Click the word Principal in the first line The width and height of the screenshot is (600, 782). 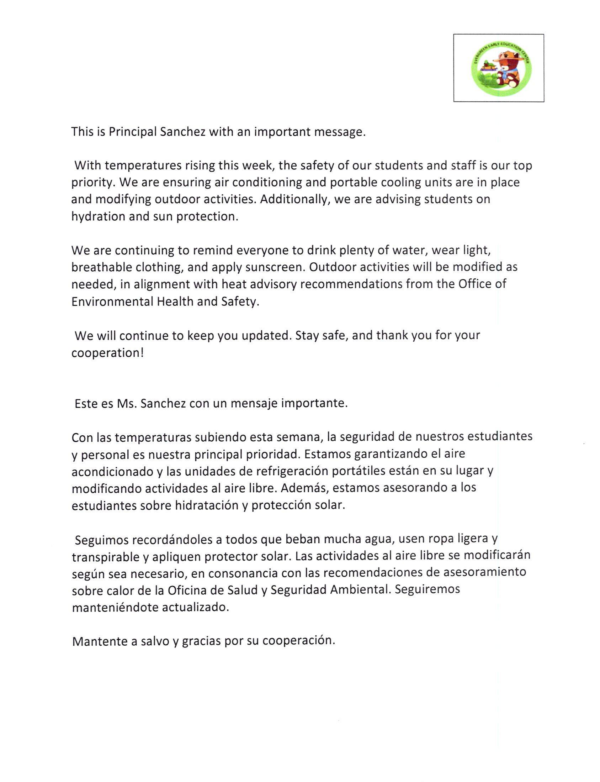[133, 132]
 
